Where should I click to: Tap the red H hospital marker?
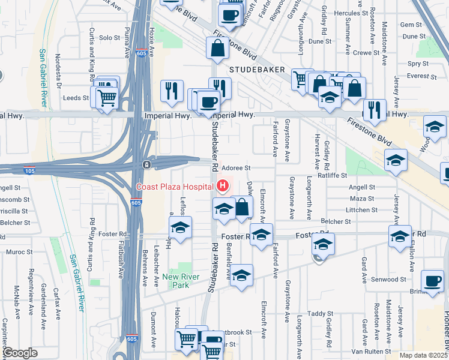[223, 186]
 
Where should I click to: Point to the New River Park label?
[184, 281]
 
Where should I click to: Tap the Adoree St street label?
[236, 169]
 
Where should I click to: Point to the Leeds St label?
[76, 97]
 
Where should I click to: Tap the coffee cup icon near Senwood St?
[432, 281]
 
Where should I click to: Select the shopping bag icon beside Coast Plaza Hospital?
[241, 208]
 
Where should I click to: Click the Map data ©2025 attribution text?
[424, 355]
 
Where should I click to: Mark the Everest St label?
[421, 76]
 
